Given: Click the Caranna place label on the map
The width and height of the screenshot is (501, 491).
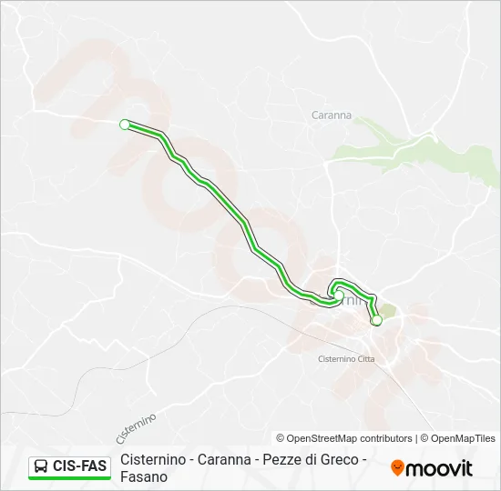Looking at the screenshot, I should click(332, 115).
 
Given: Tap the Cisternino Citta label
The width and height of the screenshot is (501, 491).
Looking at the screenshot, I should click(345, 359).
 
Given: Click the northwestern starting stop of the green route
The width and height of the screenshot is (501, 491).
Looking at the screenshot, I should click(125, 125).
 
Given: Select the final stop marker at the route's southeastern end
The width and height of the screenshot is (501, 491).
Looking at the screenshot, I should click(376, 320).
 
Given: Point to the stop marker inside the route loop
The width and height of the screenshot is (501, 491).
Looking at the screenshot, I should click(338, 296).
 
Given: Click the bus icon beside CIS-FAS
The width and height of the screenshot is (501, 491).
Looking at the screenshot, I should click(41, 466).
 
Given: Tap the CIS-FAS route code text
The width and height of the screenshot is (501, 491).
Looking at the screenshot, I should click(80, 466).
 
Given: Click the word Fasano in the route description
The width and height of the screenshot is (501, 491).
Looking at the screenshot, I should click(144, 476).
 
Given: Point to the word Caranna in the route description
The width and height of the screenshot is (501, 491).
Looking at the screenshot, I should click(224, 459).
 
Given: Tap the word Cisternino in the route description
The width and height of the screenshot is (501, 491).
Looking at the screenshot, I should click(153, 459).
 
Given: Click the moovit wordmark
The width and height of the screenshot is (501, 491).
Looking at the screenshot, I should click(439, 468).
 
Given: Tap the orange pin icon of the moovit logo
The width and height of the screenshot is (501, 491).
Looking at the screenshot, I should click(397, 467).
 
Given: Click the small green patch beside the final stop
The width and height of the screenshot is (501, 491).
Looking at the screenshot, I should click(385, 310).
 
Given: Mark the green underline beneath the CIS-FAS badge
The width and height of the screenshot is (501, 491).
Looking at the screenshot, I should click(69, 478).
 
